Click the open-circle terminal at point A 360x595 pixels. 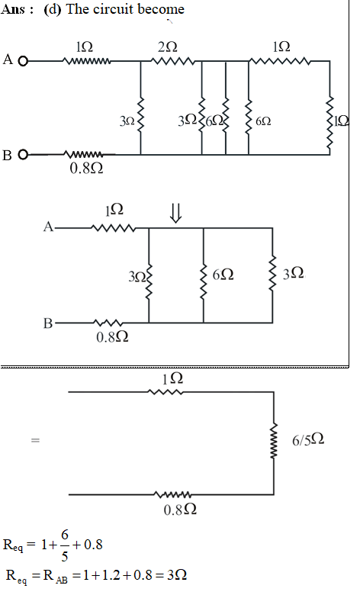tap(23, 61)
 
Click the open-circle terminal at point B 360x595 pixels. tap(23, 155)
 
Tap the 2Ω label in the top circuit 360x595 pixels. tap(168, 47)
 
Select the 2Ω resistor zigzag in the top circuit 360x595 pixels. tap(173, 61)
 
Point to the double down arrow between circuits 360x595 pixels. tap(175, 214)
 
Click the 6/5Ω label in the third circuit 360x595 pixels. tap(308, 440)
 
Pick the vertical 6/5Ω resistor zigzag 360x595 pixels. tap(274, 440)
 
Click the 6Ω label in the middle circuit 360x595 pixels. tap(223, 275)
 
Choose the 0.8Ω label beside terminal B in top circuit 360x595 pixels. tap(86, 168)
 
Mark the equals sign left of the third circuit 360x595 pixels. tap(35, 440)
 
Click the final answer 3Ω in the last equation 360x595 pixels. tap(177, 575)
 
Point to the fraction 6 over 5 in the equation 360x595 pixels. tap(65, 545)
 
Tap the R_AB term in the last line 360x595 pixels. tap(56, 577)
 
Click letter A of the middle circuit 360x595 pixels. tap(48, 227)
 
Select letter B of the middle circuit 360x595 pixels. tap(48, 323)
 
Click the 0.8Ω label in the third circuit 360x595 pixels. tap(180, 510)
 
